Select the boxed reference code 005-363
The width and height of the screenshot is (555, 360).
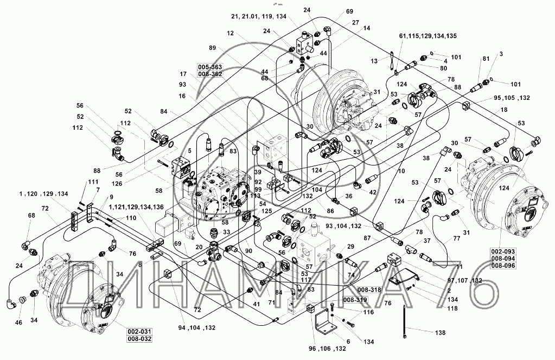pos(209,67)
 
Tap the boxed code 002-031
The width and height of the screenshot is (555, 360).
pos(139,332)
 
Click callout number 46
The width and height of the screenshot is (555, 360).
pos(18,323)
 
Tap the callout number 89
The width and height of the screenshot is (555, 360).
pos(212,48)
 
